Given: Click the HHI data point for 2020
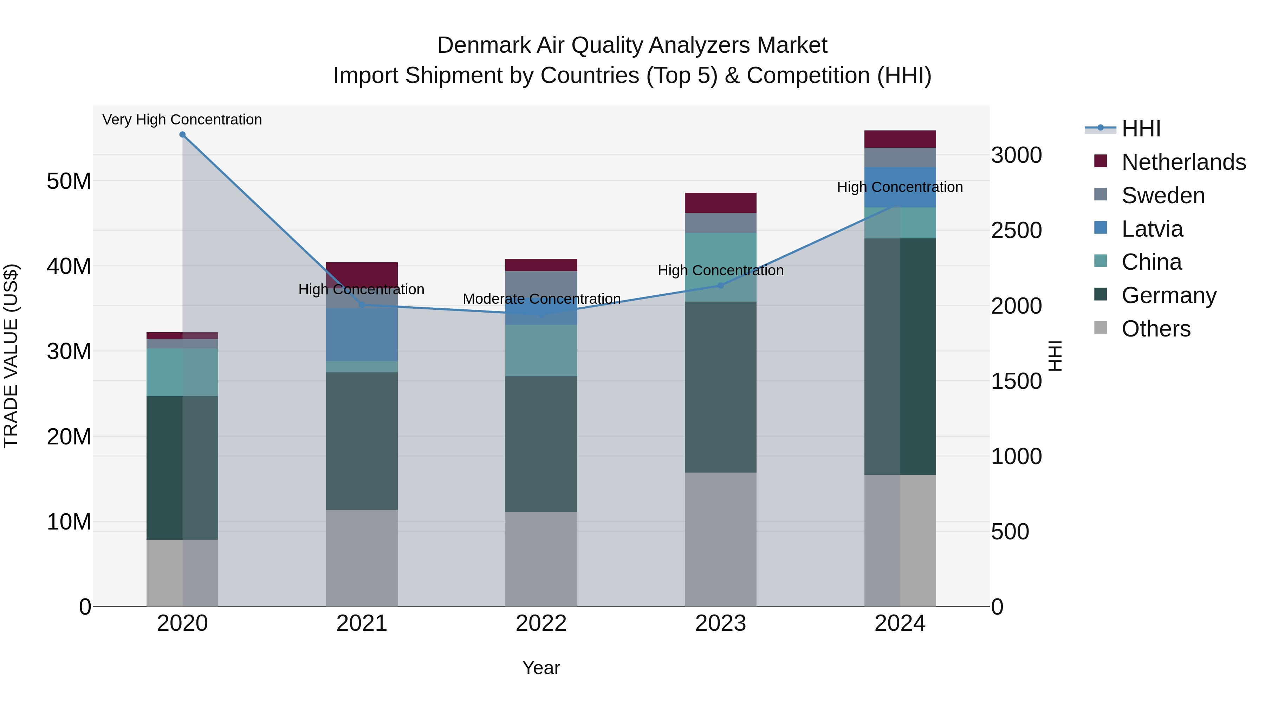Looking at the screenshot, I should pos(182,135).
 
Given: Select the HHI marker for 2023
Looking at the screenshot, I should pos(720,286).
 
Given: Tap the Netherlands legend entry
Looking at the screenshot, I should pos(1183,162).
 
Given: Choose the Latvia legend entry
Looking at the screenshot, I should pos(1152,229).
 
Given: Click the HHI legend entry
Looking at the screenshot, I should pos(1141,129).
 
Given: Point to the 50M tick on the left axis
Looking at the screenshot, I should pos(69,181).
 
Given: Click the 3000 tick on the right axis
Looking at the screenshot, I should pos(1016,155).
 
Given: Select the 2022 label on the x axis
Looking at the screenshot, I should pos(541,623).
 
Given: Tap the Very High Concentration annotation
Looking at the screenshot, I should pos(182,120).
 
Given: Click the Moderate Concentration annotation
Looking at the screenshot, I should pos(541,299).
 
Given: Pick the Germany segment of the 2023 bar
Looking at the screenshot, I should pos(720,387).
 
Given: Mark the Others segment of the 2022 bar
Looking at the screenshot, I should pos(541,559).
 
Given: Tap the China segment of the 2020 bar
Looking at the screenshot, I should pos(182,372).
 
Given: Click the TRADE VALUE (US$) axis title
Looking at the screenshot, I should pos(11,356).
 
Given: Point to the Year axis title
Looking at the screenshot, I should pos(541,668).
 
